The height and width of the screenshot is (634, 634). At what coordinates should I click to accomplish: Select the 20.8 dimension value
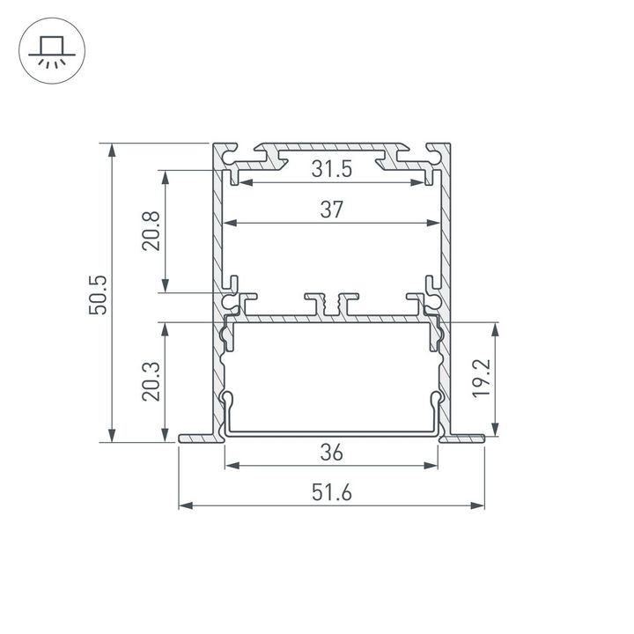(x=151, y=231)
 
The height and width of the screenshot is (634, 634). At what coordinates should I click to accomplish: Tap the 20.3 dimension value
(x=151, y=382)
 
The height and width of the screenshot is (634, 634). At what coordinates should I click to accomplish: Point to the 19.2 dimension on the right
(x=480, y=379)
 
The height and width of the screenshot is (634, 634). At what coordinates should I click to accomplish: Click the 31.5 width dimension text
(x=331, y=170)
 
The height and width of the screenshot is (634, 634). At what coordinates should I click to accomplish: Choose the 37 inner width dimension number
(x=331, y=210)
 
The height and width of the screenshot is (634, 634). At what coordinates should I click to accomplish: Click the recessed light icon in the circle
(x=50, y=50)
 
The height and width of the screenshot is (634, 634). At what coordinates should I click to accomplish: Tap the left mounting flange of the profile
(x=195, y=438)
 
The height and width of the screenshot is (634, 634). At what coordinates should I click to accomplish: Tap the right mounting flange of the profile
(x=466, y=438)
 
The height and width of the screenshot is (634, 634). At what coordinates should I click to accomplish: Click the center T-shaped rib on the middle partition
(x=332, y=303)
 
